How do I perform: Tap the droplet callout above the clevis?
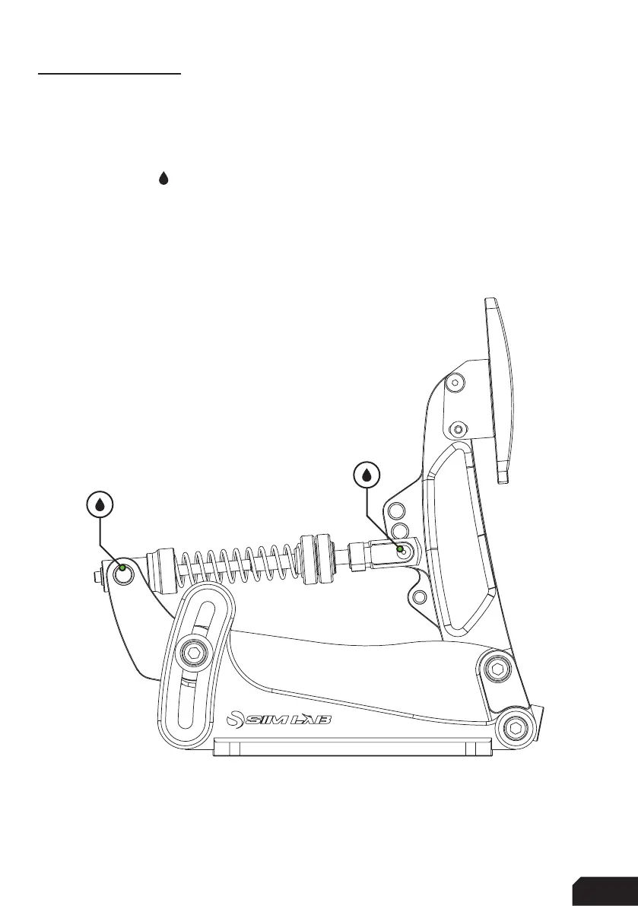pos(367,475)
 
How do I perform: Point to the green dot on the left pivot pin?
pos(122,567)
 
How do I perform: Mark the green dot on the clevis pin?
pos(400,548)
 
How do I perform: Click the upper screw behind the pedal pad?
pos(455,383)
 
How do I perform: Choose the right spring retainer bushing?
pos(314,560)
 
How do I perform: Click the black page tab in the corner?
pos(605,891)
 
